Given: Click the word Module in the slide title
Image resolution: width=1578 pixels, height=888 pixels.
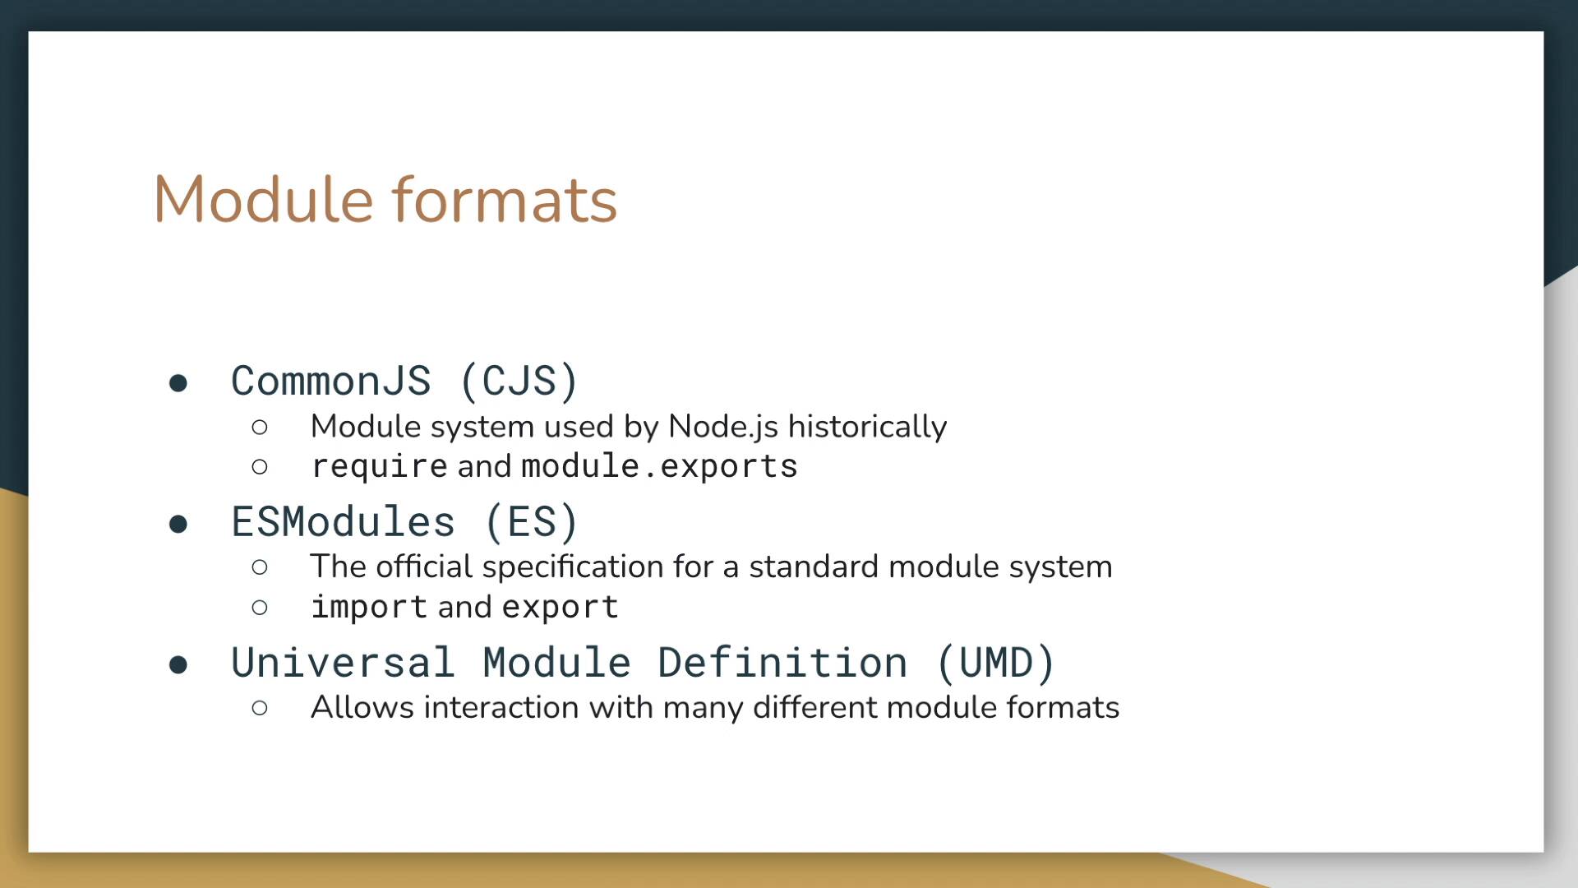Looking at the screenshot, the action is click(264, 200).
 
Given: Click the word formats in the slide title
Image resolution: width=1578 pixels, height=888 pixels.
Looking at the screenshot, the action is click(504, 200).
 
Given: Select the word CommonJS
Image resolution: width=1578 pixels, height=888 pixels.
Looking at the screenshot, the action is click(330, 382).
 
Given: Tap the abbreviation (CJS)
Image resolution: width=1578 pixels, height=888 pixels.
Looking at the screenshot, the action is click(519, 382).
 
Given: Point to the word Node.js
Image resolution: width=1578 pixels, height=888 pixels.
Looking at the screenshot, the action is click(723, 427).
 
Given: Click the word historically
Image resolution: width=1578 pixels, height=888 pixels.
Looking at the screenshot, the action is click(867, 427).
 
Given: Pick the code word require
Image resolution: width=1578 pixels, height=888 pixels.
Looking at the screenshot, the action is click(380, 467).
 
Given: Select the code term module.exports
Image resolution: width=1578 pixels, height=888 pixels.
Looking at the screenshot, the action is click(659, 466).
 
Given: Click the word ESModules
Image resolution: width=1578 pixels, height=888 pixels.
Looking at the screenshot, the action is click(343, 522).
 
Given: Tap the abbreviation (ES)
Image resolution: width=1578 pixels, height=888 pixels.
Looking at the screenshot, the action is click(532, 522).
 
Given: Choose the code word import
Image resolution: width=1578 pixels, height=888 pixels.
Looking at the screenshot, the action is click(369, 608).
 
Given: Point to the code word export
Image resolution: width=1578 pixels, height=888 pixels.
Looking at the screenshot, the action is click(560, 608).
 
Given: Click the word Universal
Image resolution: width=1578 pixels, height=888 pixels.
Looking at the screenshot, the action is click(343, 663).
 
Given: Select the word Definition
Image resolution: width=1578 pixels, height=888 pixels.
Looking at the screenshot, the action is click(782, 663).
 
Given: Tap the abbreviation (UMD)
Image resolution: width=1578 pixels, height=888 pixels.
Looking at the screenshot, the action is click(995, 663).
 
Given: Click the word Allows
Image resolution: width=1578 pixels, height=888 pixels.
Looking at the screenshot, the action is click(362, 707).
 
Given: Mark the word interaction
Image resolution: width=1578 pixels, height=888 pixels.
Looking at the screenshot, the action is click(501, 707).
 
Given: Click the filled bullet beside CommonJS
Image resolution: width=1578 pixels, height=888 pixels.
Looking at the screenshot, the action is click(178, 383).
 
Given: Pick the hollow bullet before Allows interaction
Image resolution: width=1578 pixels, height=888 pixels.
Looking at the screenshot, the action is click(260, 708).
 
